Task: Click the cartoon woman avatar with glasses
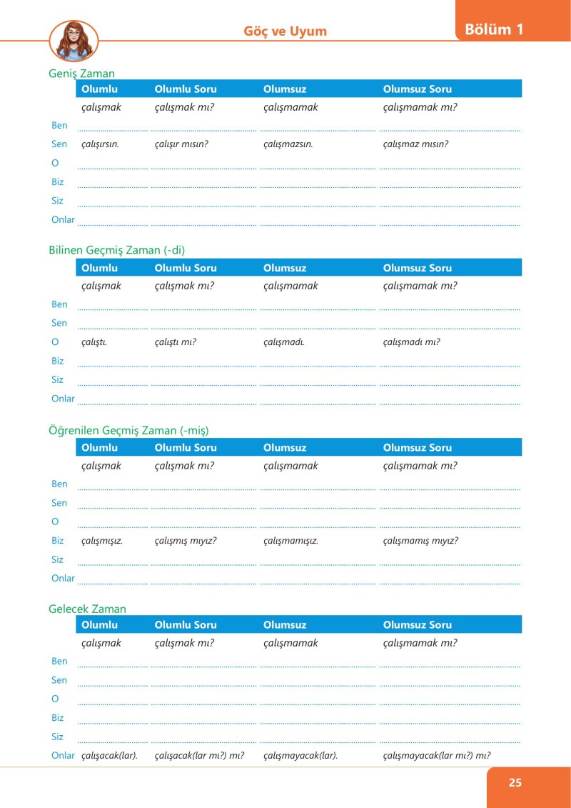pos(74,41)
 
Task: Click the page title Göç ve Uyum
pos(285,31)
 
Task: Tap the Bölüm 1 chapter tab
pos(494,30)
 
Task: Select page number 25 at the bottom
pos(515,782)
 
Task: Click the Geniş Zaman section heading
pos(81,73)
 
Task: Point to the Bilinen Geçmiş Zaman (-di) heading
pos(121,250)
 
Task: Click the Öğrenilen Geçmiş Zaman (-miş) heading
pos(128,430)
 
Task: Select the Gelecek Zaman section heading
pos(87,609)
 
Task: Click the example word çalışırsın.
pos(100,144)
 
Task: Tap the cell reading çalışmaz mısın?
pos(415,144)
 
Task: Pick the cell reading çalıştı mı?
pos(175,342)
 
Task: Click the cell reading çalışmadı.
pos(283,342)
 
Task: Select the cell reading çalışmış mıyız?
pos(185,541)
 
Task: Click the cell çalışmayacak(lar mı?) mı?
pos(436,756)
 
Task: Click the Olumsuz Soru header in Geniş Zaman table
pos(417,89)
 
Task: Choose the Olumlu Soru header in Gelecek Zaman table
pos(185,625)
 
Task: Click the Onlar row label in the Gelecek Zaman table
pos(63,756)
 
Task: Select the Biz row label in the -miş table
pos(58,541)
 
